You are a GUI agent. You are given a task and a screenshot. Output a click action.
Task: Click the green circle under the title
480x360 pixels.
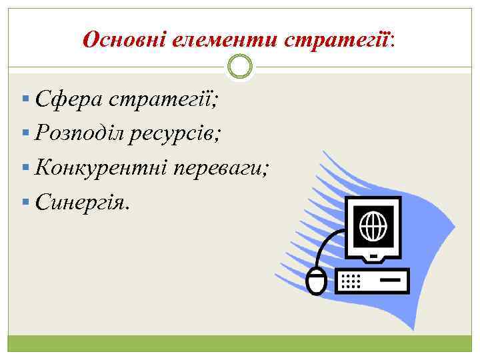pyautogui.click(x=240, y=66)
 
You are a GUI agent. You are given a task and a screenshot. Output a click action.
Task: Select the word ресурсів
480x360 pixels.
pyautogui.click(x=179, y=133)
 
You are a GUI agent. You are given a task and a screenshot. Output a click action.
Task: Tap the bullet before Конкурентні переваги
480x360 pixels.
pyautogui.click(x=25, y=166)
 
